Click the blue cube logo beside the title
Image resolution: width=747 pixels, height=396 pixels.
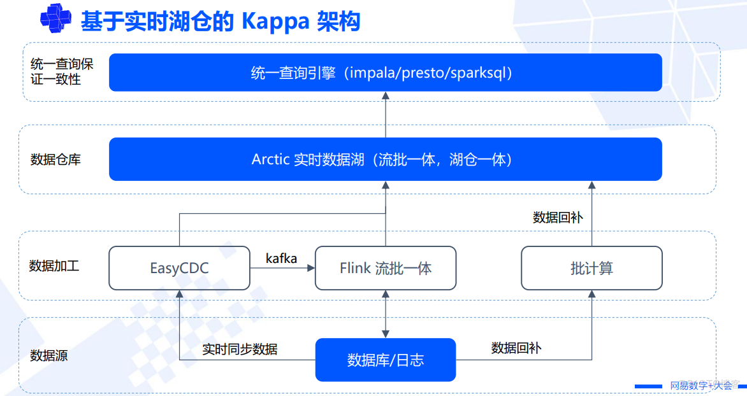tap(55, 18)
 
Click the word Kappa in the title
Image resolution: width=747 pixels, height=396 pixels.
tap(275, 22)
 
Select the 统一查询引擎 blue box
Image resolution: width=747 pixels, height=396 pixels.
tap(386, 73)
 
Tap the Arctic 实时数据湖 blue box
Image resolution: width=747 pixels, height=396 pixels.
tap(386, 159)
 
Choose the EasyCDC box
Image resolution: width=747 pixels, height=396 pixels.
tap(180, 268)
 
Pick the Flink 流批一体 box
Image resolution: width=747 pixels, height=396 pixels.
tap(386, 268)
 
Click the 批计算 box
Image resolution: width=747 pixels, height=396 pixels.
tap(591, 268)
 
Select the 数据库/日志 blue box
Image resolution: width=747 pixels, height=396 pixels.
tap(386, 360)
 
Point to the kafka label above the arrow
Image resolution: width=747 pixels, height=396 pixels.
tap(281, 258)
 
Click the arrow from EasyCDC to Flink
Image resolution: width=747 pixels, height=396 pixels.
tap(282, 268)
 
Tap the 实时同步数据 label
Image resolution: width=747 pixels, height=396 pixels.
tap(240, 350)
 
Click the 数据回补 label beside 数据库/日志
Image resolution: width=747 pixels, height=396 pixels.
tap(516, 348)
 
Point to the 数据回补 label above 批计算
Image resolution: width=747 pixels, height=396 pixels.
tap(558, 218)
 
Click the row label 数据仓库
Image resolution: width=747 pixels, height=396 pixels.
tap(55, 159)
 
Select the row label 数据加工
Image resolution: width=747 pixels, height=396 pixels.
tap(54, 265)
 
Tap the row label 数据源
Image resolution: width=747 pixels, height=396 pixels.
tap(49, 355)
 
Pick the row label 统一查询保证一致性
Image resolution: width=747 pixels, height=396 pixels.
tap(62, 71)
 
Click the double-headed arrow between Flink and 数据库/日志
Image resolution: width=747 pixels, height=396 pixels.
tap(386, 314)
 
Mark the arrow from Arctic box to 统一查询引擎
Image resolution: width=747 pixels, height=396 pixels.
tap(386, 114)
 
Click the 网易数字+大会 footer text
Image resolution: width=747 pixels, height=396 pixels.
tap(700, 386)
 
